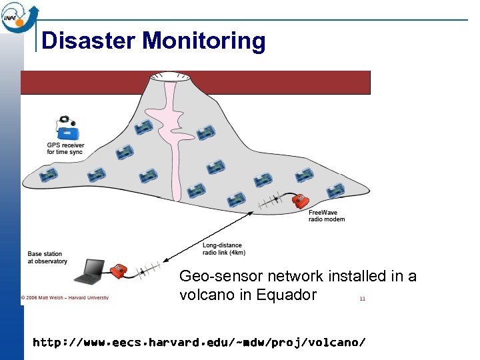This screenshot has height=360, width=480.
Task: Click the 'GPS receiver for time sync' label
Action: [65, 148]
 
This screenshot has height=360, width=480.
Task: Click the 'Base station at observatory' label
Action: [47, 257]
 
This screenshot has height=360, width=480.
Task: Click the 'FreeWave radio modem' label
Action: [327, 216]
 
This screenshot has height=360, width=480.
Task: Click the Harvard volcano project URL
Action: [199, 343]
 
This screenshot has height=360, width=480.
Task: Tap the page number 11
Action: [362, 299]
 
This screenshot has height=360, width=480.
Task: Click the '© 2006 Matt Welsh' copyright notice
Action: [65, 297]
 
